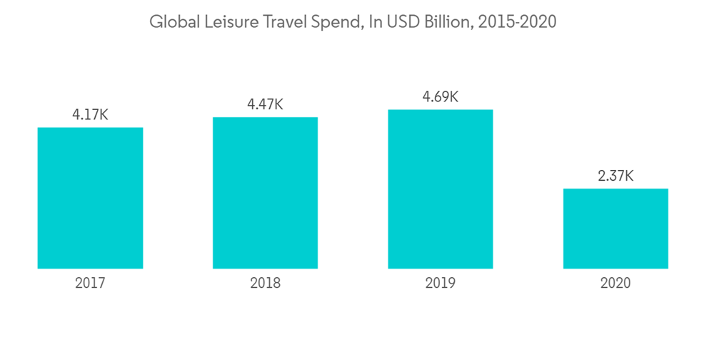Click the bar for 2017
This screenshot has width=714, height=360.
(90, 198)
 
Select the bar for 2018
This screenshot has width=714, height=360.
(265, 193)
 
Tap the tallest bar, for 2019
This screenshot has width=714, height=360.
(441, 189)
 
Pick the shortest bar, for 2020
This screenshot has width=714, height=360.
(615, 229)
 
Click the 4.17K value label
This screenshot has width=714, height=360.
(90, 114)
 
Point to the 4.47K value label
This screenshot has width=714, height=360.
(265, 104)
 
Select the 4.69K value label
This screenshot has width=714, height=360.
(441, 96)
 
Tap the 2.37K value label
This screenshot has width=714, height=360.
(615, 176)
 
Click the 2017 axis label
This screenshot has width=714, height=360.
(90, 283)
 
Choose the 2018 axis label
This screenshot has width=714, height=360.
(265, 283)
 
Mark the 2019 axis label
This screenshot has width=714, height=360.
(441, 283)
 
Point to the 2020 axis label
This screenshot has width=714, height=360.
(615, 283)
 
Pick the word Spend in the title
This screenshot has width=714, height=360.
(333, 23)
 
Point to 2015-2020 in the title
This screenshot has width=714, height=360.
(517, 22)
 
